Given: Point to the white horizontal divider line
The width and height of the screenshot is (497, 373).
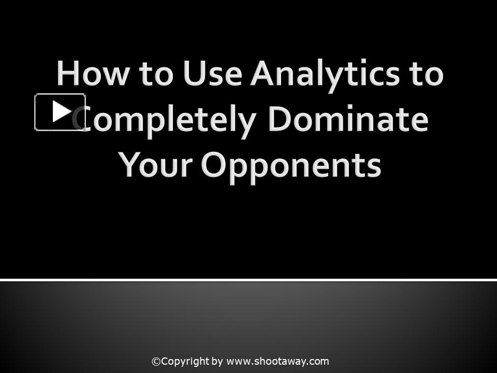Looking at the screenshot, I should (x=248, y=280).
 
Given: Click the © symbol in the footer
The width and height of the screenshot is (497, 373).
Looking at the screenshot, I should (x=156, y=362).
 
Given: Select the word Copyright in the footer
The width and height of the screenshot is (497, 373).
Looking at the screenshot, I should (x=185, y=362).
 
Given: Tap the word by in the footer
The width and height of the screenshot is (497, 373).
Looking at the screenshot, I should (x=217, y=362).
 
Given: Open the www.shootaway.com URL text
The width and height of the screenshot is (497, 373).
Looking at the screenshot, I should (x=277, y=362).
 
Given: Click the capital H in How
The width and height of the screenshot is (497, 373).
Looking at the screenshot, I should (x=68, y=74).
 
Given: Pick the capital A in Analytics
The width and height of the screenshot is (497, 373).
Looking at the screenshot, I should (x=263, y=74).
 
